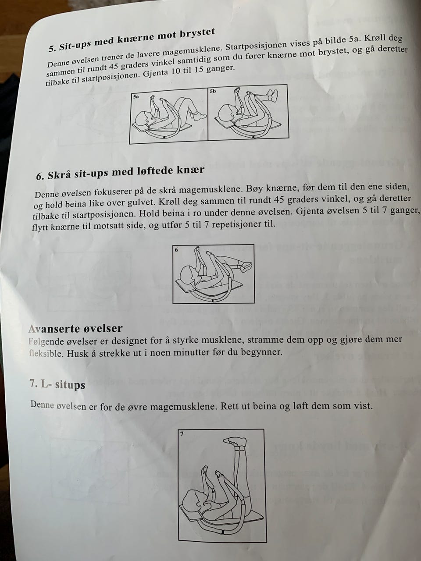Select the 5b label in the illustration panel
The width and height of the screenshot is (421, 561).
click(x=213, y=91)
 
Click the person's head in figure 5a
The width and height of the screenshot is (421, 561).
click(x=143, y=119)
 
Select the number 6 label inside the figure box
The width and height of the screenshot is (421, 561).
click(x=176, y=250)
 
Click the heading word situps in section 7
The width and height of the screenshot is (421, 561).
click(x=70, y=385)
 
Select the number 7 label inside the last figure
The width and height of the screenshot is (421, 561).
click(x=182, y=434)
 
